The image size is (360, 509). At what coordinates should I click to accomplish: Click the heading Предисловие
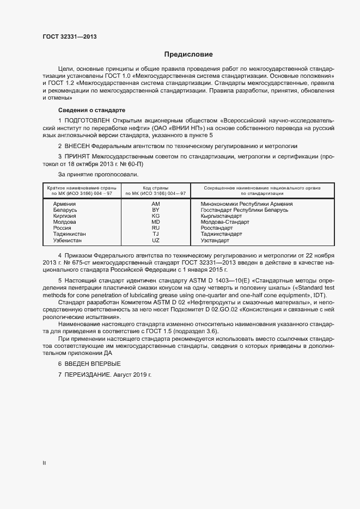pyautogui.click(x=188, y=54)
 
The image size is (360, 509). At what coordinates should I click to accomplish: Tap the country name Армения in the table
pyautogui.click(x=64, y=203)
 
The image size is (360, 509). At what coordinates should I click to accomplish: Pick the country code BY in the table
pyautogui.click(x=155, y=210)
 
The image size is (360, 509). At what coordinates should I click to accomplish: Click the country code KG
pyautogui.click(x=155, y=216)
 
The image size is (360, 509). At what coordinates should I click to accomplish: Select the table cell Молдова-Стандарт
pyautogui.click(x=224, y=222)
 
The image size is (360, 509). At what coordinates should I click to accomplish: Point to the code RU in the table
pyautogui.click(x=155, y=228)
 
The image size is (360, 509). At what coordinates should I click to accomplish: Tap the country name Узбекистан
pyautogui.click(x=69, y=240)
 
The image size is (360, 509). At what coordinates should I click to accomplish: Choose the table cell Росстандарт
pyautogui.click(x=216, y=228)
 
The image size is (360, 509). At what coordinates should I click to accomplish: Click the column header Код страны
pyautogui.click(x=155, y=187)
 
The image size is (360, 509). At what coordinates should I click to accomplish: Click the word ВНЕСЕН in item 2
pyautogui.click(x=77, y=146)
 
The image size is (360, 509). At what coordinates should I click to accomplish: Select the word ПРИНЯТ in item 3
pyautogui.click(x=77, y=156)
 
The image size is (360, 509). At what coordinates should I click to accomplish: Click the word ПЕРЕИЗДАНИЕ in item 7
pyautogui.click(x=88, y=376)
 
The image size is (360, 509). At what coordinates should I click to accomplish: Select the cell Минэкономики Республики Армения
pyautogui.click(x=242, y=203)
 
